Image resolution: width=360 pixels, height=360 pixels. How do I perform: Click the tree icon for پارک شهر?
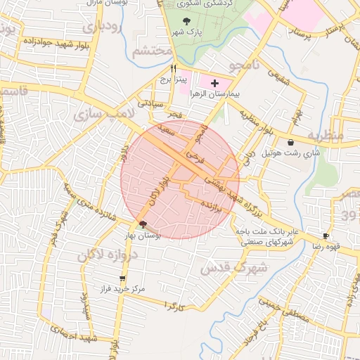[186, 22]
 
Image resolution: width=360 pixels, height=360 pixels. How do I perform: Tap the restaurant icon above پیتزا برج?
[173, 69]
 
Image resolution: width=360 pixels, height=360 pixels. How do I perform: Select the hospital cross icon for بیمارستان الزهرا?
[214, 84]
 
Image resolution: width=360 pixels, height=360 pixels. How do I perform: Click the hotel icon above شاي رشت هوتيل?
[290, 142]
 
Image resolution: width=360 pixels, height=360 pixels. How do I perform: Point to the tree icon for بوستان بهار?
[143, 225]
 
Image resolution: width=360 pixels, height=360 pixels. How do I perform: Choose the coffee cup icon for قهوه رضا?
[325, 236]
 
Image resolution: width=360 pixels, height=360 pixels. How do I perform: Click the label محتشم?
[152, 51]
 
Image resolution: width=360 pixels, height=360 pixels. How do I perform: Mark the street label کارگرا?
[172, 307]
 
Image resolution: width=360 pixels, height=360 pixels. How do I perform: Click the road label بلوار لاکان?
[160, 190]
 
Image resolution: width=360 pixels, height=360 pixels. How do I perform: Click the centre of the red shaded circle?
[180, 179]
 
